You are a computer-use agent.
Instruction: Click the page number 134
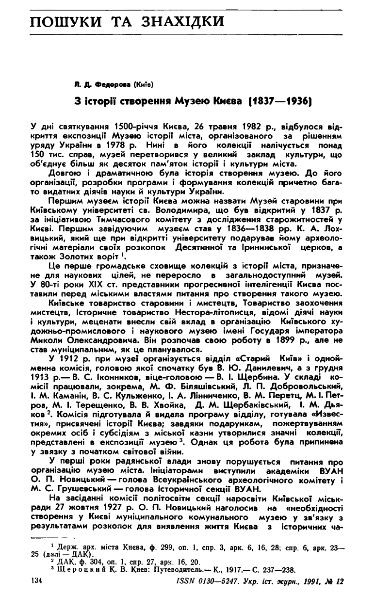coord(37,580)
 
